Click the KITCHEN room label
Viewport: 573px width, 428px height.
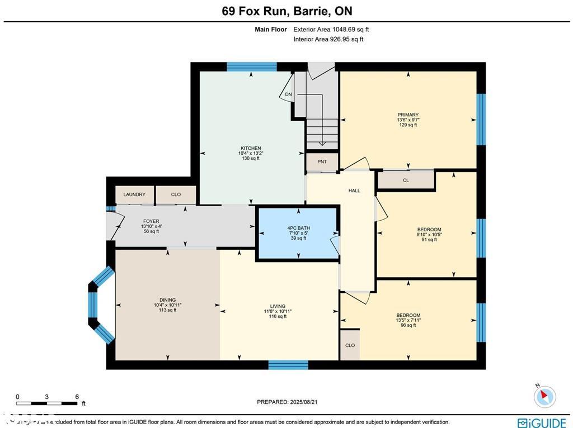pyautogui.click(x=251, y=148)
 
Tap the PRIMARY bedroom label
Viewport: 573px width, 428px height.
pyautogui.click(x=408, y=115)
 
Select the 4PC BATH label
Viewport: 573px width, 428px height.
pyautogui.click(x=298, y=228)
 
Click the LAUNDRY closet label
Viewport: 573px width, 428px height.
pyautogui.click(x=134, y=194)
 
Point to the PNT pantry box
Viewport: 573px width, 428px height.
pyautogui.click(x=322, y=162)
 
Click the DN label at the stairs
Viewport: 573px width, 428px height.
pyautogui.click(x=288, y=94)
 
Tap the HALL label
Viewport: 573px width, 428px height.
pyautogui.click(x=354, y=191)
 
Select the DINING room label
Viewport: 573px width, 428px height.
pyautogui.click(x=168, y=300)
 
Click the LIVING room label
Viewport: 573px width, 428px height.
pyautogui.click(x=278, y=306)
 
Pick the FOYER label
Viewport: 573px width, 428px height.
pyautogui.click(x=151, y=221)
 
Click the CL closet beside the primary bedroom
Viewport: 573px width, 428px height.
pyautogui.click(x=406, y=180)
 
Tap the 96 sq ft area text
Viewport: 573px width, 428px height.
pyautogui.click(x=407, y=325)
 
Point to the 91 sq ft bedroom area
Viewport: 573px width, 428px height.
pyautogui.click(x=429, y=239)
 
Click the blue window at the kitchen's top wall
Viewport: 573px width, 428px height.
pyautogui.click(x=251, y=66)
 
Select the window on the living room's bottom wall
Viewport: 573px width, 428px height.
pyautogui.click(x=288, y=365)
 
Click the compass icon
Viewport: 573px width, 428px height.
pyautogui.click(x=544, y=397)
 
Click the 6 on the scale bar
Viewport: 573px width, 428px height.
pyautogui.click(x=77, y=397)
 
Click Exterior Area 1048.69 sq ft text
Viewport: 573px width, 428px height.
pyautogui.click(x=331, y=30)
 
